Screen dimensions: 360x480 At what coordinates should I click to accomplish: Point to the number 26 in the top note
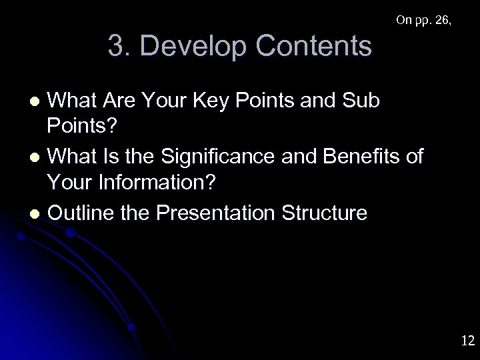click(441, 20)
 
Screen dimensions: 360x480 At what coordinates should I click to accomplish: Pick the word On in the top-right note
click(403, 20)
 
